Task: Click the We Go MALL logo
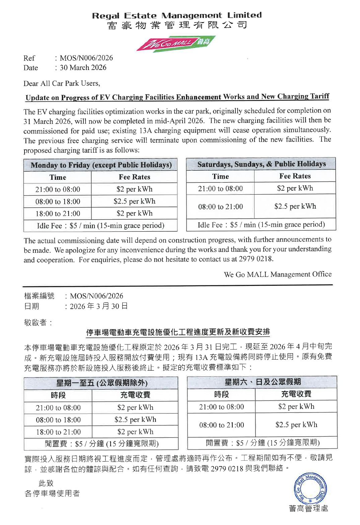(176, 44)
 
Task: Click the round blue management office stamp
(310, 489)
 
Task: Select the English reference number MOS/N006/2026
(86, 58)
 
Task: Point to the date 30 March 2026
(83, 68)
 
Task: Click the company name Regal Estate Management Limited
(177, 15)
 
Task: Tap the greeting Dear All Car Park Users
(62, 83)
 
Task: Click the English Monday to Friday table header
(101, 165)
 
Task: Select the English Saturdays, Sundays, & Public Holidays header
(261, 164)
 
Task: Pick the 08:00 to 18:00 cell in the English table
(58, 202)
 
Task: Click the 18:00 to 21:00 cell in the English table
(58, 214)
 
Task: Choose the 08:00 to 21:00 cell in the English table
(220, 207)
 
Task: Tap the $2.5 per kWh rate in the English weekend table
(295, 206)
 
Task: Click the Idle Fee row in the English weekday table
(100, 226)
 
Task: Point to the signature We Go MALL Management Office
(278, 275)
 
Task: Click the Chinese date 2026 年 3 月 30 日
(98, 306)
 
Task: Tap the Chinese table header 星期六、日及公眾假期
(263, 382)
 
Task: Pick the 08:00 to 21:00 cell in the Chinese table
(221, 425)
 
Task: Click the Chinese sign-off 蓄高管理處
(308, 509)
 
